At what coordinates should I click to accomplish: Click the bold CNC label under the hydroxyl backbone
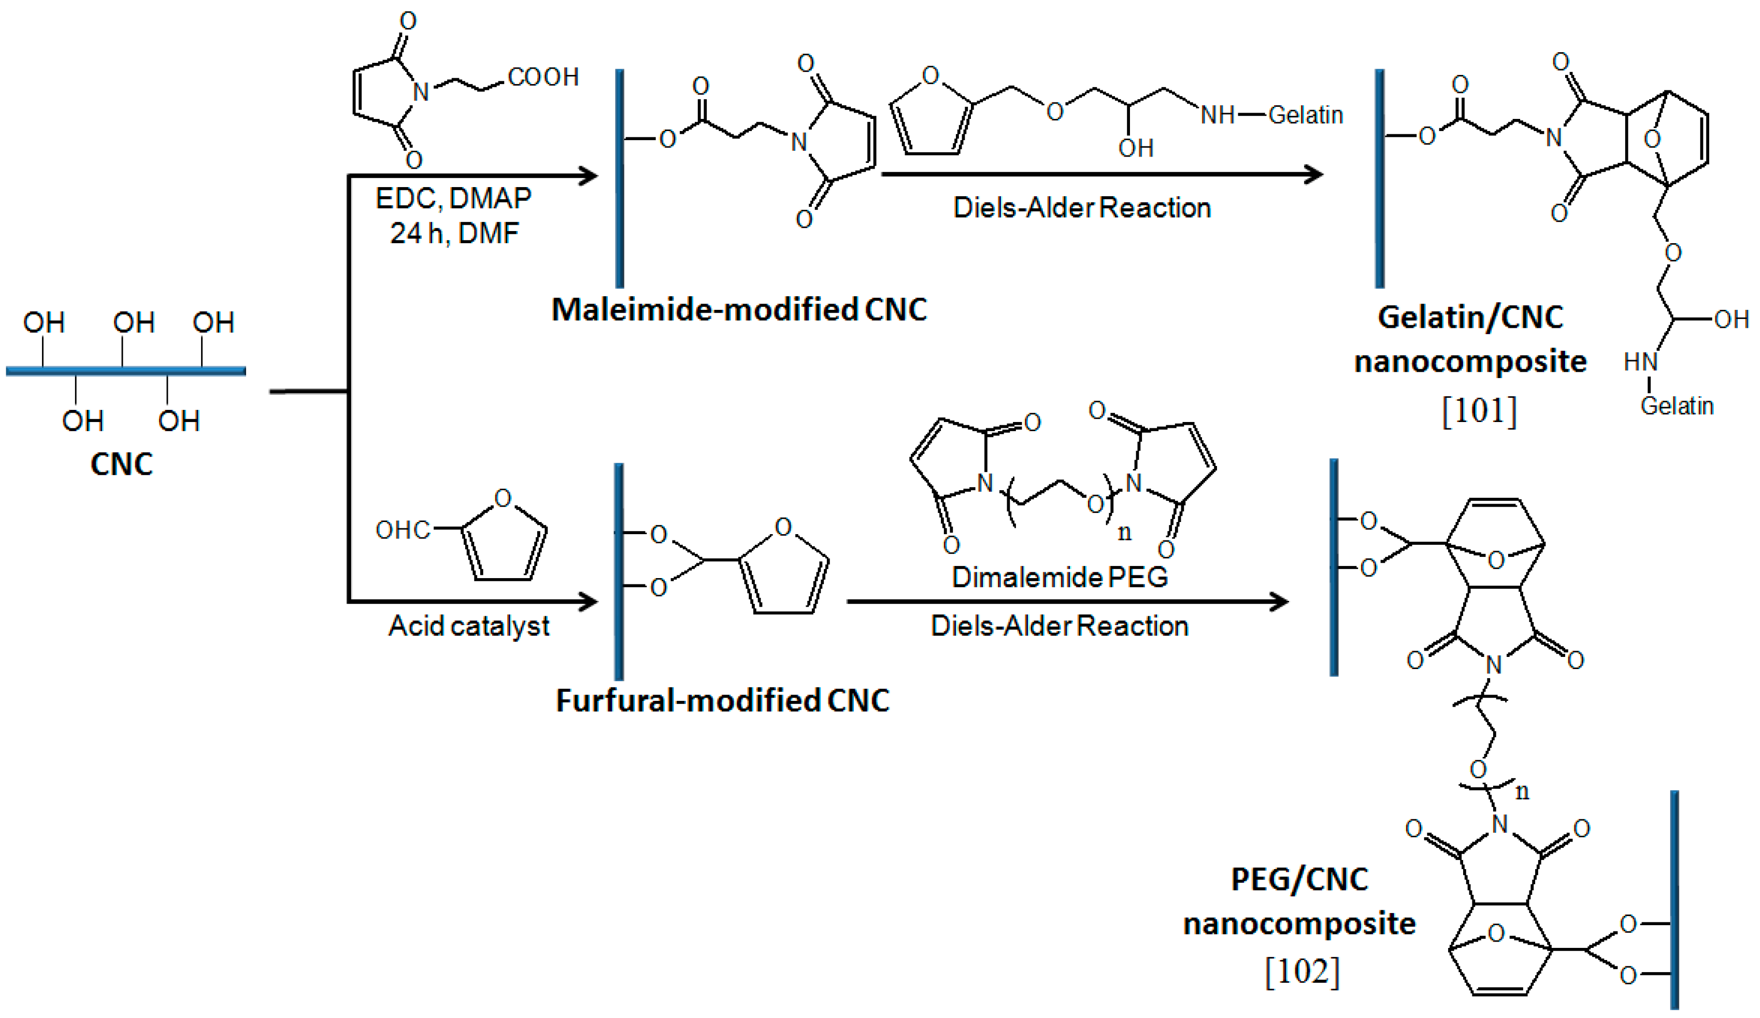tap(121, 465)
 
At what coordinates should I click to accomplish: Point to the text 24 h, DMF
tap(454, 233)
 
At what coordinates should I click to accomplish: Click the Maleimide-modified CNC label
tap(739, 309)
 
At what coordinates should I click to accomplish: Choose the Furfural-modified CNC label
tap(722, 700)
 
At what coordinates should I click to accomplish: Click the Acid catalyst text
tap(469, 625)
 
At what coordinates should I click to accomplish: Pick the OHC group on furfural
tap(402, 530)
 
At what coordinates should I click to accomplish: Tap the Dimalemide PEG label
tap(1059, 577)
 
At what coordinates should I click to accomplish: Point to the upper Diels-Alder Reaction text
tap(1082, 207)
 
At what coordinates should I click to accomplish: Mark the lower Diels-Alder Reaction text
tap(1059, 625)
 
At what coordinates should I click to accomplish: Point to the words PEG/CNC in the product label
tap(1299, 879)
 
